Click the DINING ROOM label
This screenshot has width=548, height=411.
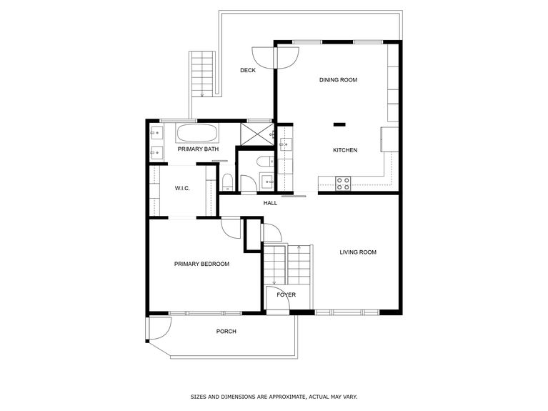click(338, 80)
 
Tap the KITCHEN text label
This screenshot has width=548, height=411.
click(345, 150)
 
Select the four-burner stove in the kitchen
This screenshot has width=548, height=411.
click(344, 183)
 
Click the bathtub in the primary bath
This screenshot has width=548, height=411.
click(197, 133)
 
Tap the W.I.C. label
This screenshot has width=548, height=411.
click(182, 189)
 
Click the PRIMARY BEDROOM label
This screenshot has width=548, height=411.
click(201, 264)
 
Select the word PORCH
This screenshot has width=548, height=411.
click(226, 331)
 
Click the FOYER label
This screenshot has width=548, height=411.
click(287, 294)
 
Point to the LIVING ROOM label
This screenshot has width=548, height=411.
click(358, 252)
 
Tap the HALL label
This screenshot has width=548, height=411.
click(270, 203)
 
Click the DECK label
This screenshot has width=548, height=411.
click(248, 70)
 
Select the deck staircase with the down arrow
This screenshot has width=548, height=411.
click(201, 74)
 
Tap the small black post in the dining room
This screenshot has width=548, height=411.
click(339, 125)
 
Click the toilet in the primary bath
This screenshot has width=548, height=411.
click(226, 182)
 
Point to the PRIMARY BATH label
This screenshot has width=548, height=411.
click(198, 149)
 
